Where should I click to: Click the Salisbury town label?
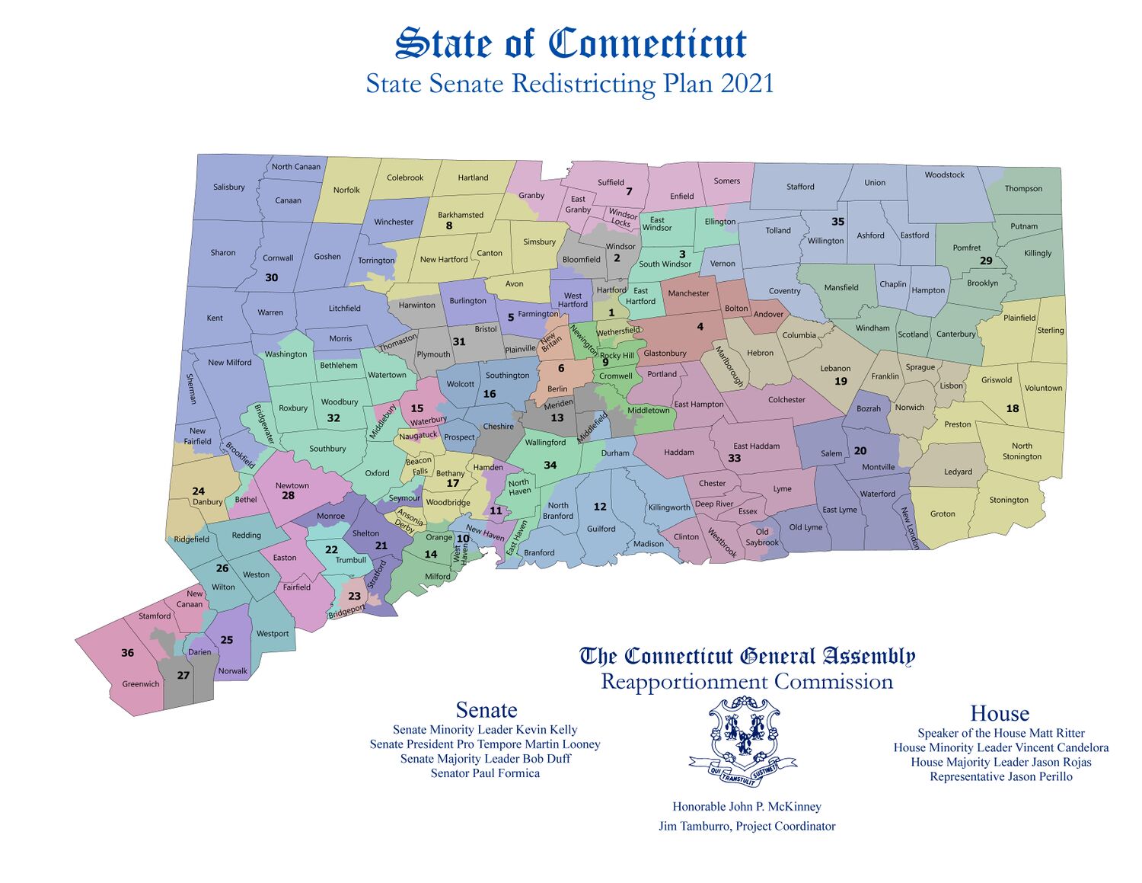228,187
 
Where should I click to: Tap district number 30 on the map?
271,277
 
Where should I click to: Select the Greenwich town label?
141,683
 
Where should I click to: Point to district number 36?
127,653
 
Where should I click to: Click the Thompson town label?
1023,188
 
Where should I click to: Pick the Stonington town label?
1009,500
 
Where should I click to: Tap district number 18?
1012,408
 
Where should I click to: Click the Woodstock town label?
944,174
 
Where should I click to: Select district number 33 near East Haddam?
734,458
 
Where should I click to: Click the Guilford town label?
601,528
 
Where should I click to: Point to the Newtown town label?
292,485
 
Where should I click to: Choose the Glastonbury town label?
665,353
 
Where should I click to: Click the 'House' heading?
999,713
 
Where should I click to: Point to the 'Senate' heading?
486,710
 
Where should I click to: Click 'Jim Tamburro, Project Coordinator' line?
747,826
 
